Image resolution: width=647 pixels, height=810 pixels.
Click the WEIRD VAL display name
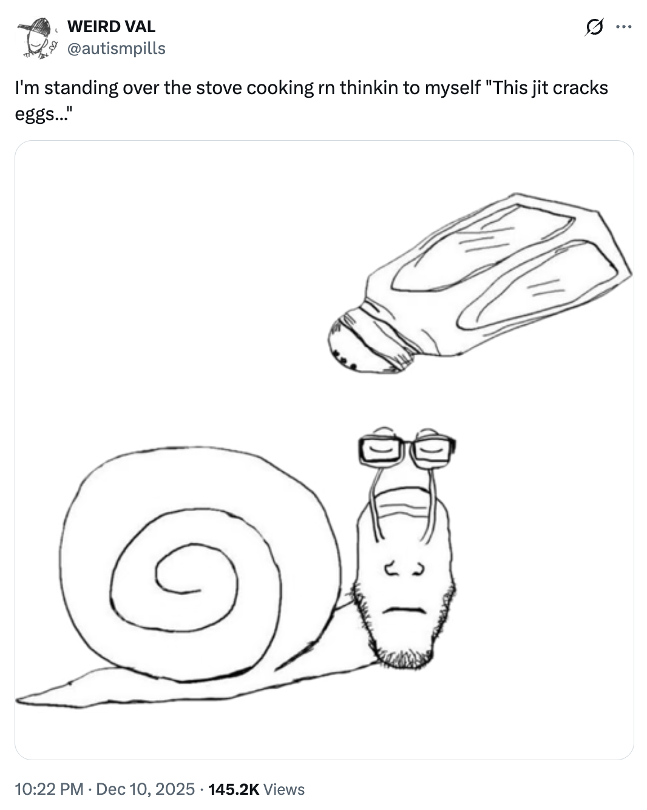click(x=111, y=27)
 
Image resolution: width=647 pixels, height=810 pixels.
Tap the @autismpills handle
click(x=117, y=48)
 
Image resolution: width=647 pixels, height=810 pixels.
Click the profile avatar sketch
click(x=37, y=38)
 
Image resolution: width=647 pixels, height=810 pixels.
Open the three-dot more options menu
click(x=624, y=27)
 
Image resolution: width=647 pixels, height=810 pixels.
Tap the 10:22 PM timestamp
click(x=49, y=789)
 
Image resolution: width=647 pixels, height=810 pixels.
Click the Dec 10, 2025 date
click(x=145, y=789)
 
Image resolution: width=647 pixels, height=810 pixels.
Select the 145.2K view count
click(x=234, y=789)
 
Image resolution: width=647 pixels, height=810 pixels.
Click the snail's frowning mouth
click(x=405, y=610)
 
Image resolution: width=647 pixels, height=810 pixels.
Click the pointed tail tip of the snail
click(x=17, y=701)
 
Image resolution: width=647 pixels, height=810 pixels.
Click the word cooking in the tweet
click(x=280, y=89)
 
